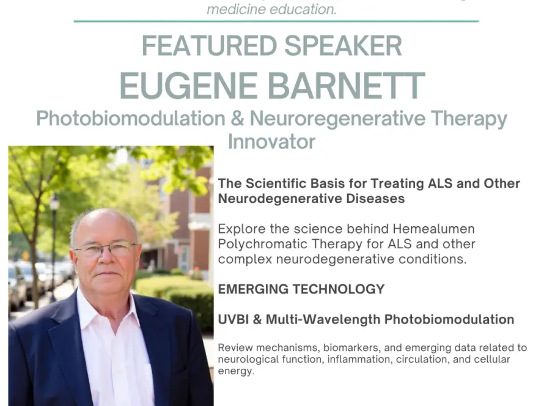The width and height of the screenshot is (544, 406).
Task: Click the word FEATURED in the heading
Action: click(x=209, y=45)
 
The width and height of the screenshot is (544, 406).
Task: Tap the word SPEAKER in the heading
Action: click(x=343, y=45)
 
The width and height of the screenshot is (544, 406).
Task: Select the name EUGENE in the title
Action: click(x=188, y=86)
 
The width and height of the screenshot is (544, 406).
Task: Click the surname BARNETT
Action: click(x=347, y=86)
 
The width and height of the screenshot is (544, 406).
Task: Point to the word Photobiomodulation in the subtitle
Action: click(x=131, y=119)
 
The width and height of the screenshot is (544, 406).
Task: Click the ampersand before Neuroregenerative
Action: click(x=237, y=119)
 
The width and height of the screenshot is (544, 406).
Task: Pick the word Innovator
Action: click(x=271, y=141)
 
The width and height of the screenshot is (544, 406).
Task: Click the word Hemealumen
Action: click(x=434, y=229)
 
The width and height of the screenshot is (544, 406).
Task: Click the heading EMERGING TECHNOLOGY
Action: click(x=301, y=289)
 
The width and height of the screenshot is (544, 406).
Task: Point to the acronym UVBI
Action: click(x=233, y=319)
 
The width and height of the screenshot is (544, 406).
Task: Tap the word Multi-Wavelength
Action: click(x=323, y=320)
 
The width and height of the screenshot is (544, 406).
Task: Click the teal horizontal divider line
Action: click(x=276, y=21)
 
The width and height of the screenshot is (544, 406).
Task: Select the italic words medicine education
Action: click(x=271, y=9)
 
